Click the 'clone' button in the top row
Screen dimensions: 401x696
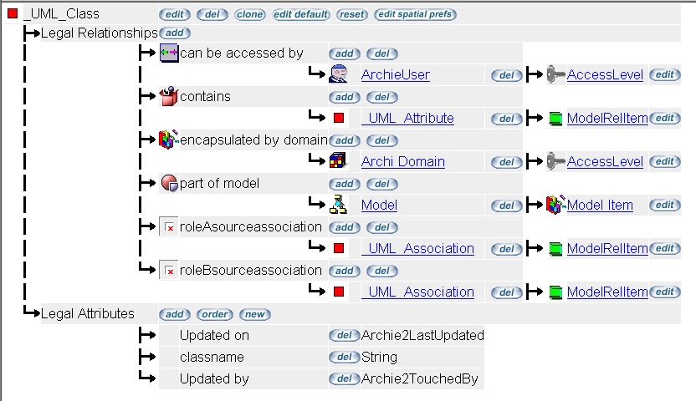click(x=250, y=14)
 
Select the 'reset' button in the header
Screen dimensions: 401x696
click(x=351, y=14)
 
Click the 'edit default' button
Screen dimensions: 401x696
click(x=301, y=14)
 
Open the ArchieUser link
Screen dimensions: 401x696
click(x=395, y=75)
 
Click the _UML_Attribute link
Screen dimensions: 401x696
click(x=407, y=119)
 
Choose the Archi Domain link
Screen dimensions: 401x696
click(x=402, y=162)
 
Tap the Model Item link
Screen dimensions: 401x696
click(x=600, y=206)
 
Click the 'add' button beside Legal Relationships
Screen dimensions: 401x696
click(x=175, y=33)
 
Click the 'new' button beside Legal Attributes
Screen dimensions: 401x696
click(x=254, y=314)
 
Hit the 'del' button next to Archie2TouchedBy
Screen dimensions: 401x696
click(x=344, y=379)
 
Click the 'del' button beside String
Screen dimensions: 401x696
click(x=344, y=358)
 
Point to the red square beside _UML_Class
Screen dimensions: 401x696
click(x=13, y=14)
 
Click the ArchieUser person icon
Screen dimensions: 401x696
click(x=338, y=74)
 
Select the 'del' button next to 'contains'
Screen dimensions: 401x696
click(x=381, y=97)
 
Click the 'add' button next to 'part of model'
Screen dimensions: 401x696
click(x=344, y=184)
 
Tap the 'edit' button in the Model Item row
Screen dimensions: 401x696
click(x=664, y=206)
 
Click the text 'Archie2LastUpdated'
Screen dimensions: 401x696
click(x=422, y=336)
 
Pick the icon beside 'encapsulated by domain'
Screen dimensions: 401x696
click(x=168, y=140)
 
